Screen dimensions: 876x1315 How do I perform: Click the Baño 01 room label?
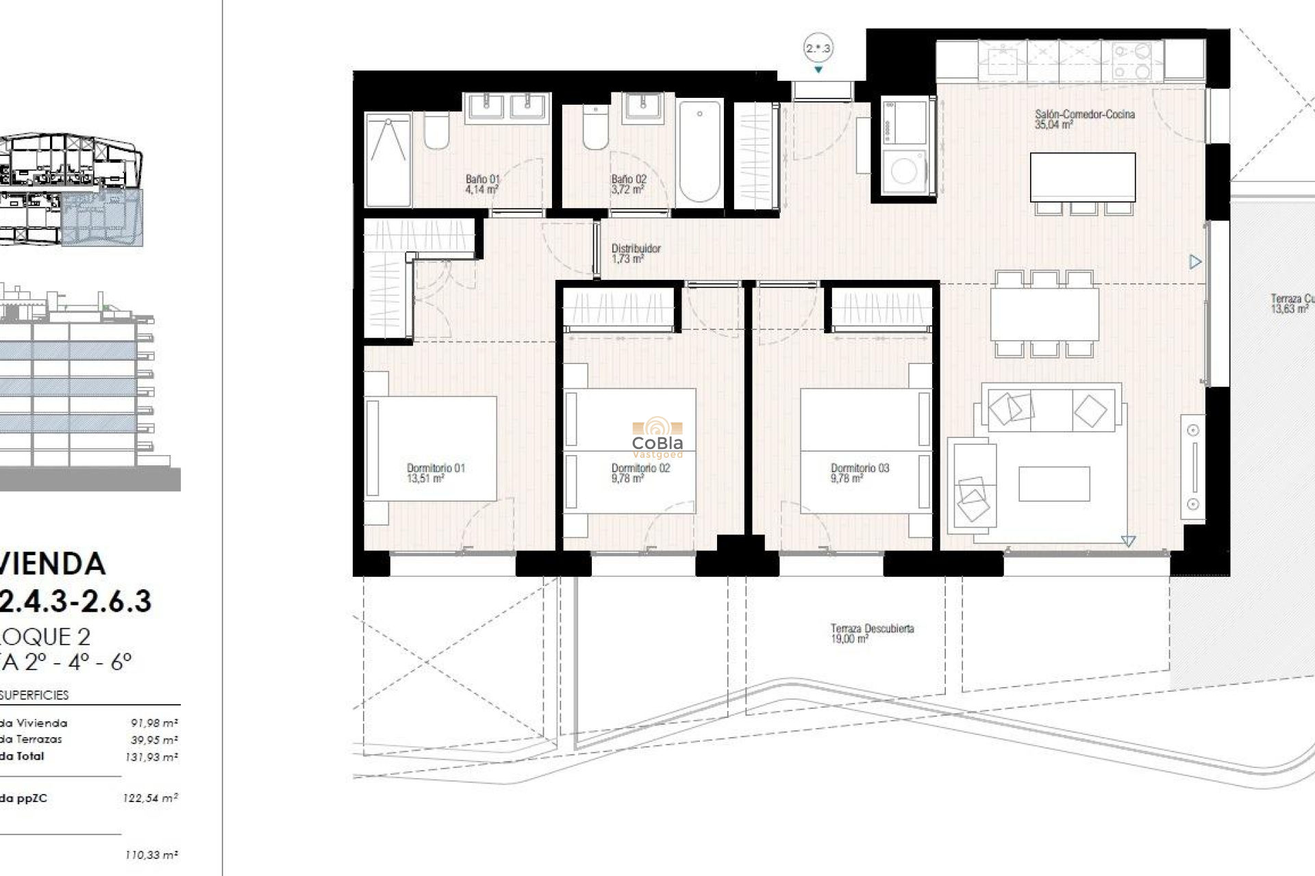(x=482, y=184)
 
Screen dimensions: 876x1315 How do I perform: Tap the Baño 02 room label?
(x=629, y=184)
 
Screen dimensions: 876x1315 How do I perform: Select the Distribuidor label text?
(x=636, y=253)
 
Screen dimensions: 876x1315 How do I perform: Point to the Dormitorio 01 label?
(x=436, y=473)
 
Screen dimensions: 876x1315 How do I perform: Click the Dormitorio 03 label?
(x=860, y=473)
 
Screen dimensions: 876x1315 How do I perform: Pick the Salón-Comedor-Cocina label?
(x=1084, y=119)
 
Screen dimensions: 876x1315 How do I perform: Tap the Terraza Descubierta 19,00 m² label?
(x=872, y=633)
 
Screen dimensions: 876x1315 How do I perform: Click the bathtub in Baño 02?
(x=699, y=152)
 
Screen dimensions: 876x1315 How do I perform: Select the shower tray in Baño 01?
(x=388, y=160)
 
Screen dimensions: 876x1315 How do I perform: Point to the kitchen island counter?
(x=1082, y=177)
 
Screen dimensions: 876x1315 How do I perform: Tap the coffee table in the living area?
(x=1053, y=484)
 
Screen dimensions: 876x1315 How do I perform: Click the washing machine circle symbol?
(x=903, y=172)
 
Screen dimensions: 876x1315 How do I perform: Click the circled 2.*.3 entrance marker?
(x=818, y=49)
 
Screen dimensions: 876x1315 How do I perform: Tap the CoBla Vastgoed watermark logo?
(x=657, y=438)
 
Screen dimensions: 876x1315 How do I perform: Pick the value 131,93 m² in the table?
(x=151, y=757)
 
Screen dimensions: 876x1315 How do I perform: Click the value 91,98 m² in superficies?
(x=154, y=723)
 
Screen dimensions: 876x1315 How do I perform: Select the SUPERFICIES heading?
(x=34, y=695)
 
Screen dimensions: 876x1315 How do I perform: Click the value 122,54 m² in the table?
(x=151, y=798)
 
